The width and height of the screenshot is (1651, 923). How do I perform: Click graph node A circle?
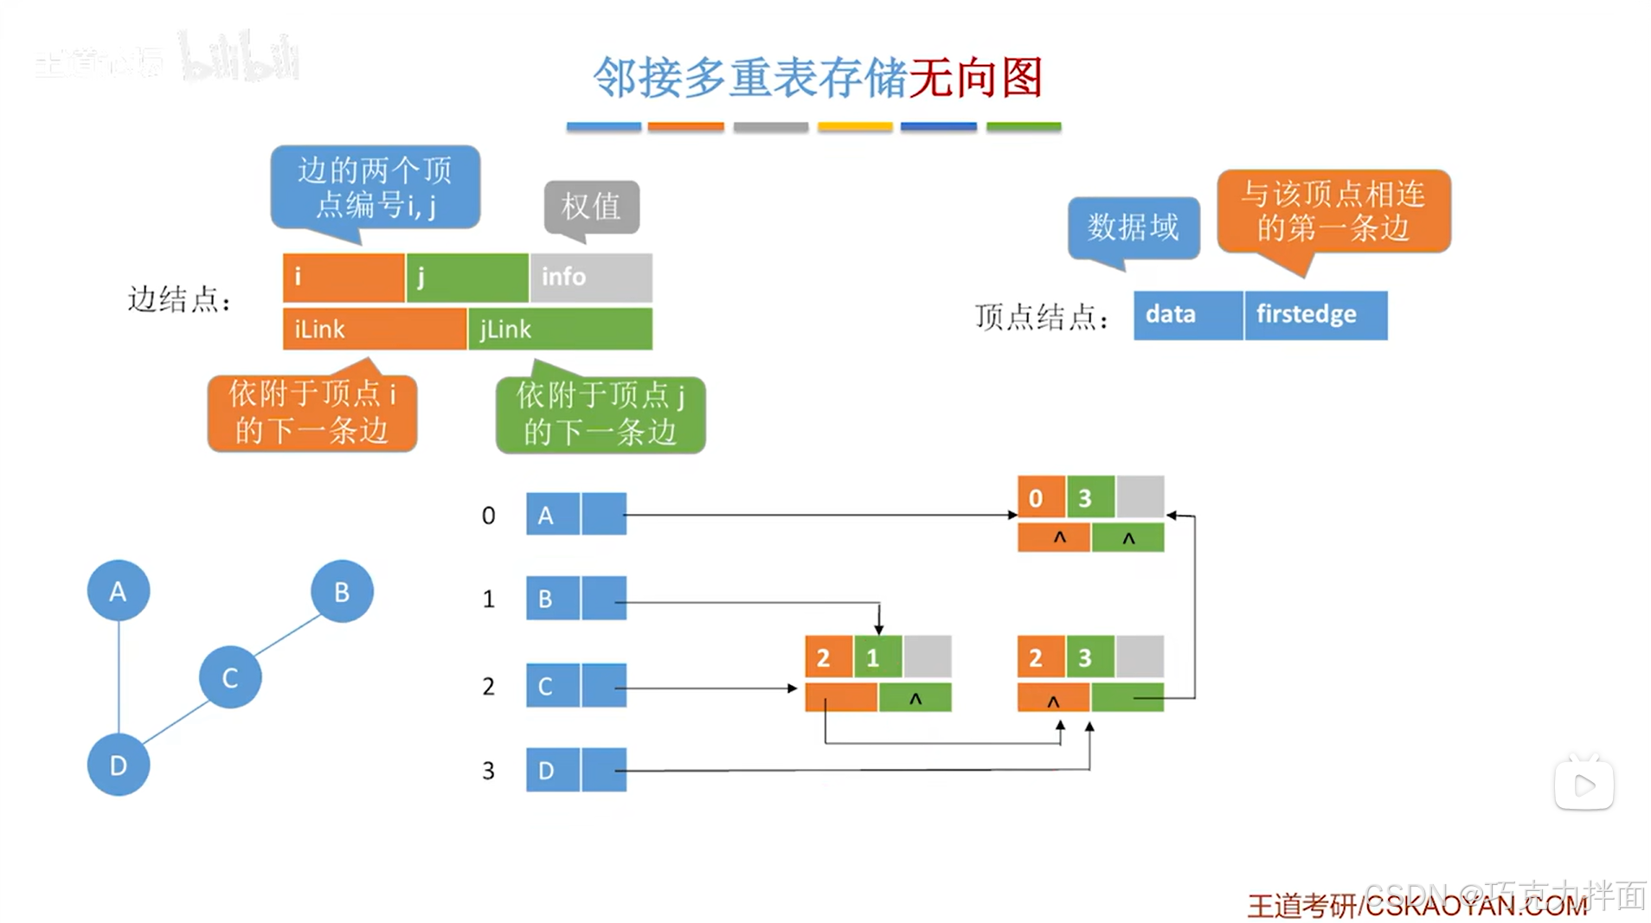tap(119, 591)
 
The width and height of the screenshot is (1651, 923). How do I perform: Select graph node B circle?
tap(342, 592)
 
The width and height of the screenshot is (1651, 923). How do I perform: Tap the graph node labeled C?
tap(230, 677)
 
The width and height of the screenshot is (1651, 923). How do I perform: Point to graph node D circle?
tap(119, 765)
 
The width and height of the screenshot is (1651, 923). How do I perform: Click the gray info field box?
tap(591, 277)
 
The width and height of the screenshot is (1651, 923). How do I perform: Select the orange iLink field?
tap(374, 329)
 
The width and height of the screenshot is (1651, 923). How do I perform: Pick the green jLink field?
tap(560, 329)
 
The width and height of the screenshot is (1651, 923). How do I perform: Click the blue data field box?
tap(1187, 315)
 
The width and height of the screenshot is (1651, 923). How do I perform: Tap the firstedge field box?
tap(1315, 315)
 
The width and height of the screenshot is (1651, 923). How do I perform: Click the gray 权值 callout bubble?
tap(592, 206)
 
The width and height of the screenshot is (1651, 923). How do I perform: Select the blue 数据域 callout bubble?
tap(1134, 228)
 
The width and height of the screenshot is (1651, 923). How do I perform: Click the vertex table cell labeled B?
tap(552, 599)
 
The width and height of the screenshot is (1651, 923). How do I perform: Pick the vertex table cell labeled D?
tap(552, 770)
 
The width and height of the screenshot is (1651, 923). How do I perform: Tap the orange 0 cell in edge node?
tap(1041, 497)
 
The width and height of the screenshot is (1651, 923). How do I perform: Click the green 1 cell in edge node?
tap(877, 657)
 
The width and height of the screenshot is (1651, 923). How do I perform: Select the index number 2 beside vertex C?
tap(489, 686)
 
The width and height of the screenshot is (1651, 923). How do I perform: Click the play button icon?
tap(1584, 785)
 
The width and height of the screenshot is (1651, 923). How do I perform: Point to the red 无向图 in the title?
tap(976, 78)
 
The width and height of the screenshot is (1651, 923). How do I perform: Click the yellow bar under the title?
tap(855, 127)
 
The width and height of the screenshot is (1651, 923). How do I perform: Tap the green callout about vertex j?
tap(601, 413)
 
